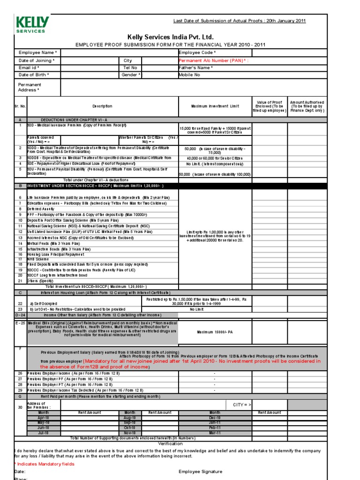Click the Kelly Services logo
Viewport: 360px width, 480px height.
pyautogui.click(x=31, y=24)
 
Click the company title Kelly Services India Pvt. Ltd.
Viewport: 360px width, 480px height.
pyautogui.click(x=170, y=37)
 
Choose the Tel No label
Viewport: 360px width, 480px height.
pyautogui.click(x=131, y=67)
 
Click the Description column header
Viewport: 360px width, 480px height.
pyautogui.click(x=102, y=106)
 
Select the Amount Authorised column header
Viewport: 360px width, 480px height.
pyautogui.click(x=307, y=106)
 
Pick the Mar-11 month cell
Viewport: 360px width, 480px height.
pyautogui.click(x=215, y=433)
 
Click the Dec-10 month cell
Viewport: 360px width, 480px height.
pyautogui.click(x=215, y=417)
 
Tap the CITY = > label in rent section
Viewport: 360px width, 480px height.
pyautogui.click(x=242, y=404)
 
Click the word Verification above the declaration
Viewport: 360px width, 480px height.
pyautogui.click(x=170, y=443)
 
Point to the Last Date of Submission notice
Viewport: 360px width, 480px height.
pyautogui.click(x=240, y=21)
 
